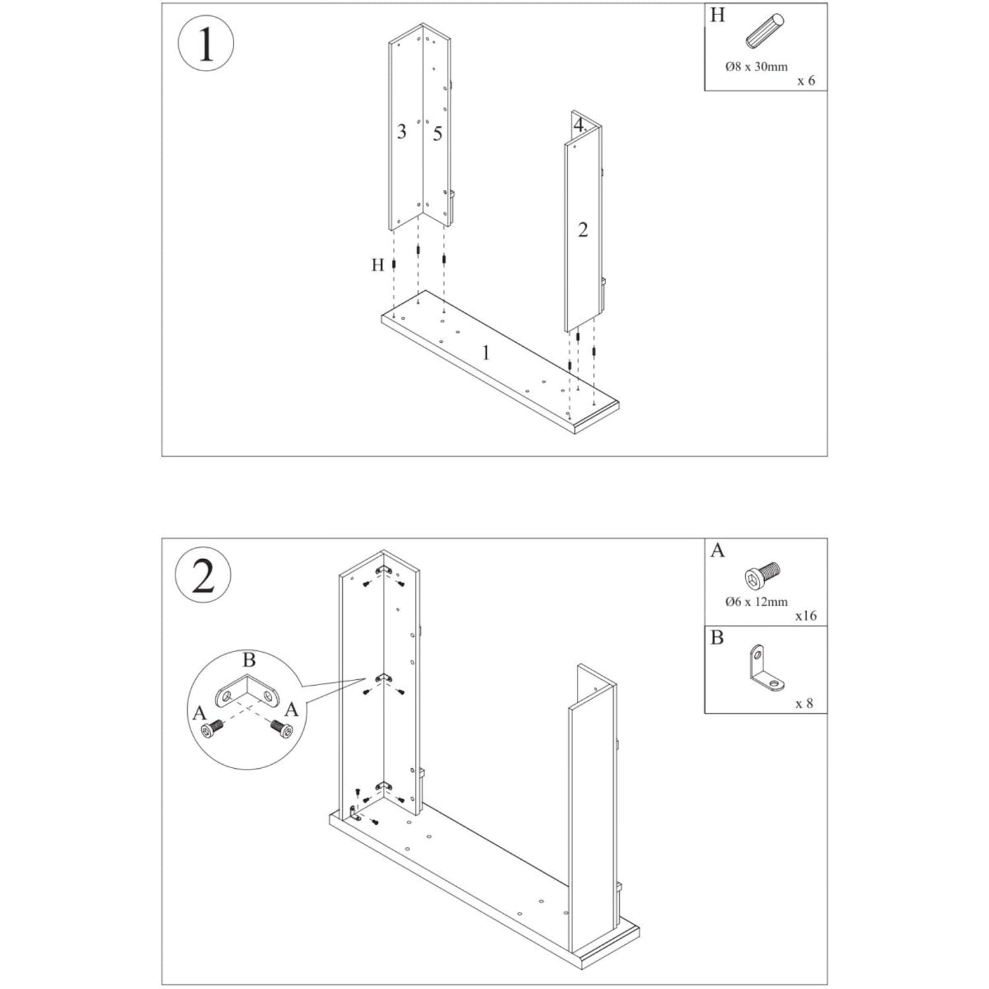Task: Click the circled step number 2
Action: point(203,576)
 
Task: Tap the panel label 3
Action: point(402,131)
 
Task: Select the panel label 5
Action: point(438,134)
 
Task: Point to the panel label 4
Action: point(578,124)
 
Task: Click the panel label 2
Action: point(583,230)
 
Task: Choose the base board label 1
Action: point(486,353)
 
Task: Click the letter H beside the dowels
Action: point(377,265)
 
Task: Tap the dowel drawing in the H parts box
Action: point(765,31)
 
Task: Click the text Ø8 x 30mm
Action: point(756,67)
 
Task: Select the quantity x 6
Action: point(806,80)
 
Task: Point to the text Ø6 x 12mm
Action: point(756,601)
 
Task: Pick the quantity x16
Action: point(806,616)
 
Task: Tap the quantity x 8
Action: point(804,704)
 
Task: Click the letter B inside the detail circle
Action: point(249,659)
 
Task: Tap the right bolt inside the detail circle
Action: point(282,728)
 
